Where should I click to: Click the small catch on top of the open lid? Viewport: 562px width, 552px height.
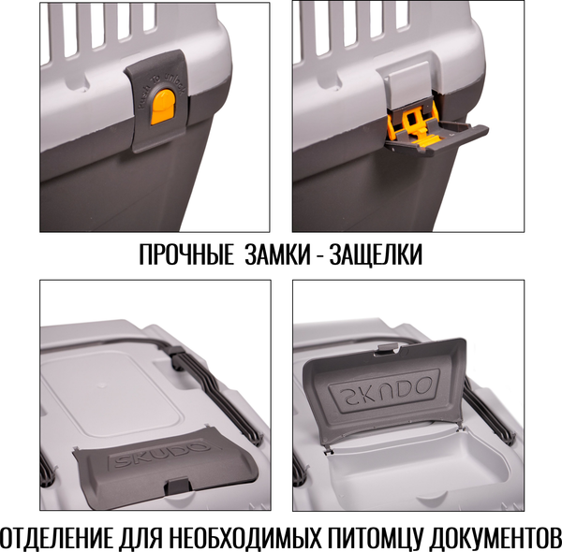[384, 349]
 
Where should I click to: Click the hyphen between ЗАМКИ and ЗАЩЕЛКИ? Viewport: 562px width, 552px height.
[315, 255]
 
